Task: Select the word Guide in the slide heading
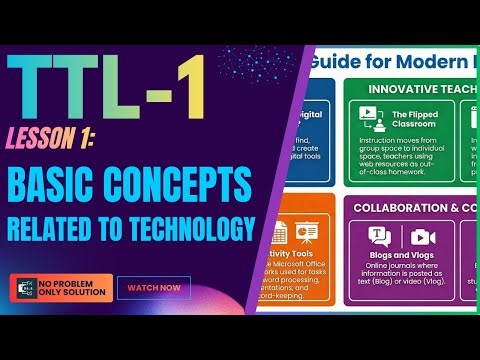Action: click(x=334, y=62)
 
